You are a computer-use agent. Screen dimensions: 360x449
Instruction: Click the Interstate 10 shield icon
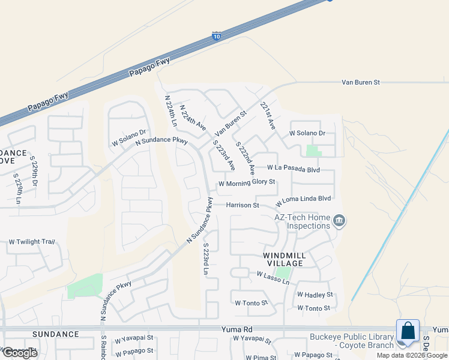pos(216,37)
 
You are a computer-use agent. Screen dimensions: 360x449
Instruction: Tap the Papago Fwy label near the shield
pos(150,67)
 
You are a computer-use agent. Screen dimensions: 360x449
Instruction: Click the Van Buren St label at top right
pos(361,82)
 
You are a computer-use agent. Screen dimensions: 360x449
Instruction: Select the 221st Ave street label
pos(267,116)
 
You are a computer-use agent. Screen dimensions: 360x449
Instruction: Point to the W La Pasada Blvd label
pos(294,169)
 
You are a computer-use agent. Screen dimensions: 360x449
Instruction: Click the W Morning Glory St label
pos(247,182)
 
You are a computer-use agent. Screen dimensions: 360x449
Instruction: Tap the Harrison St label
pos(243,205)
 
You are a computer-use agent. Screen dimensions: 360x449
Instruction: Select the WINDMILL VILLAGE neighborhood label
pos(285,259)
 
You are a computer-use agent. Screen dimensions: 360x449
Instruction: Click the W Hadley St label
pos(315,295)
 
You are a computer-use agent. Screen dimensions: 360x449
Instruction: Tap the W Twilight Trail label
pos(32,242)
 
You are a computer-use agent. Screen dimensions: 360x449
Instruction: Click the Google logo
pos(19,353)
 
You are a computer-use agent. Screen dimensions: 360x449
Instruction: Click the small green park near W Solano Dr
pos(313,151)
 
